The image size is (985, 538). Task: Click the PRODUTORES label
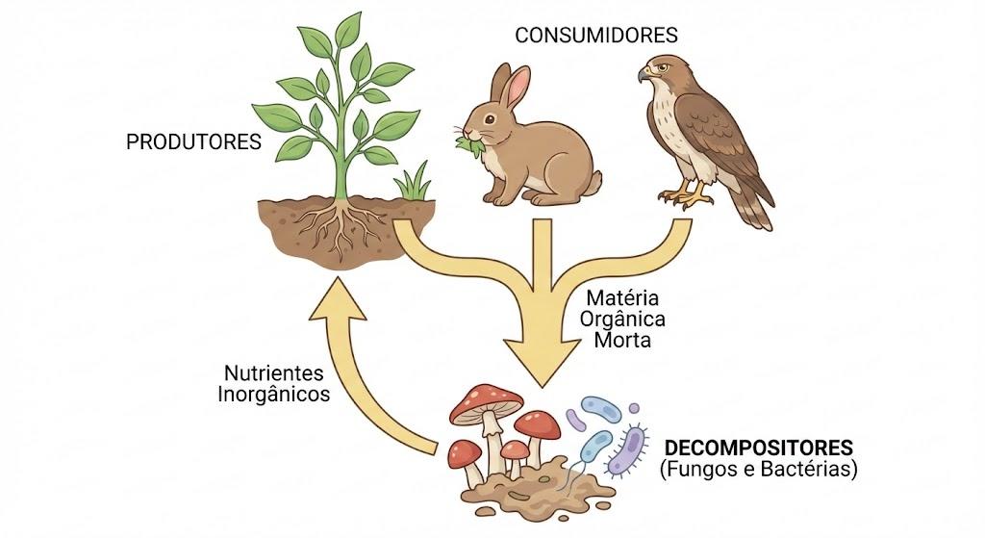[193, 142]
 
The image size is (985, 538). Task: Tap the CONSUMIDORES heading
[596, 36]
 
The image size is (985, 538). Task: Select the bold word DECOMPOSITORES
[759, 448]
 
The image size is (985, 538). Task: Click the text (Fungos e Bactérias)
[758, 469]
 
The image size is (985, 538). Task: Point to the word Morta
[622, 341]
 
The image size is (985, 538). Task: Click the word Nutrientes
[274, 373]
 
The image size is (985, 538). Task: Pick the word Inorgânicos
[274, 394]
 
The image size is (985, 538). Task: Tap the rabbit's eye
[490, 118]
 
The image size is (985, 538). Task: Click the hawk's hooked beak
[644, 74]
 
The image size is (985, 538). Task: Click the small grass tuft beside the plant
[413, 182]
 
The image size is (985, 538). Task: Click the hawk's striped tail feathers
[755, 209]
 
